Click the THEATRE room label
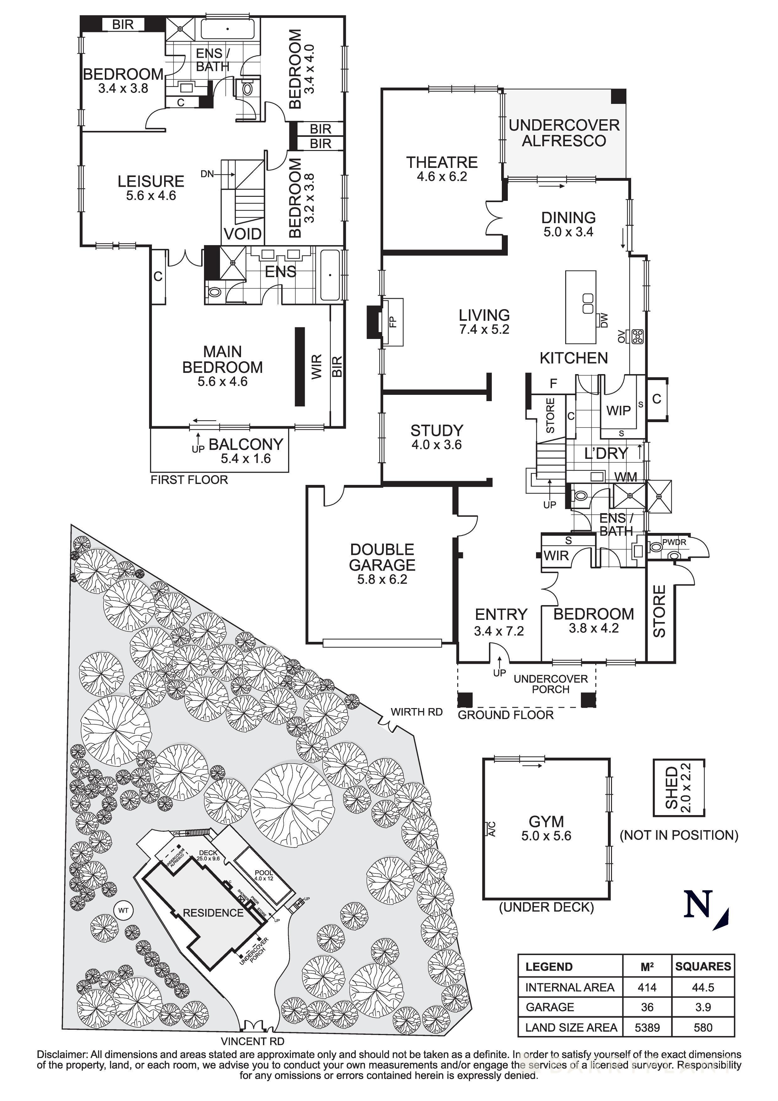[x=442, y=163]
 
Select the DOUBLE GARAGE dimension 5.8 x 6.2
[x=382, y=579]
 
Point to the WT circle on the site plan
[x=124, y=910]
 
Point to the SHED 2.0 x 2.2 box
[x=679, y=787]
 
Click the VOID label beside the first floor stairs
[x=243, y=234]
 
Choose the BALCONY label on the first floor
[x=246, y=444]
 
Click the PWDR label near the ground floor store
[x=674, y=542]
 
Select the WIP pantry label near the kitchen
[x=618, y=411]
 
